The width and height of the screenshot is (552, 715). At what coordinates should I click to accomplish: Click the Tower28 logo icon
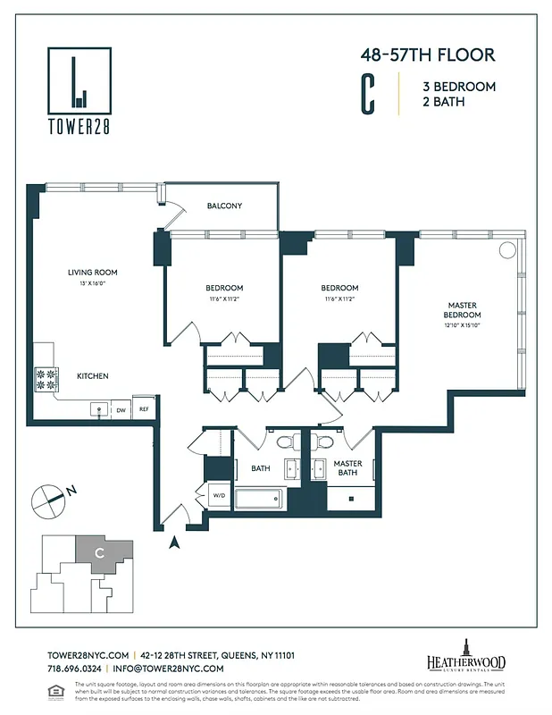click(x=79, y=80)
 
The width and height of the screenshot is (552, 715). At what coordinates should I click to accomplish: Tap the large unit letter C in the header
click(x=366, y=95)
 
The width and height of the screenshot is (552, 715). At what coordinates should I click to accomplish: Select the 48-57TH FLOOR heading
click(x=427, y=55)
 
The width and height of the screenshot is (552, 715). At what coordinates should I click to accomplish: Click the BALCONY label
click(x=224, y=206)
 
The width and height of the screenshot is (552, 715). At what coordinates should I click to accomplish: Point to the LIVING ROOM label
click(x=93, y=272)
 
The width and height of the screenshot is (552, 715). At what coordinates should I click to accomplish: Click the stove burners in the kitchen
click(x=46, y=379)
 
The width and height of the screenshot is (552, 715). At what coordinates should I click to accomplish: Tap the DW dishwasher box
click(x=120, y=409)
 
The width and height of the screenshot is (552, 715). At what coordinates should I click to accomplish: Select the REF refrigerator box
click(x=143, y=409)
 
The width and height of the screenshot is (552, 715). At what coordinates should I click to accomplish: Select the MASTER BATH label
click(x=347, y=467)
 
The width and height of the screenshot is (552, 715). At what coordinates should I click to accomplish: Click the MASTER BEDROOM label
click(x=463, y=310)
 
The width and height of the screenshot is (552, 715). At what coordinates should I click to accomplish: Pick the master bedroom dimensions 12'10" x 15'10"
click(x=463, y=327)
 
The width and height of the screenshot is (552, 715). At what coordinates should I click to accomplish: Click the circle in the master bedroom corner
click(x=507, y=250)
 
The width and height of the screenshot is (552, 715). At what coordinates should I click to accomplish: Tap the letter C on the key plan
click(x=100, y=553)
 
